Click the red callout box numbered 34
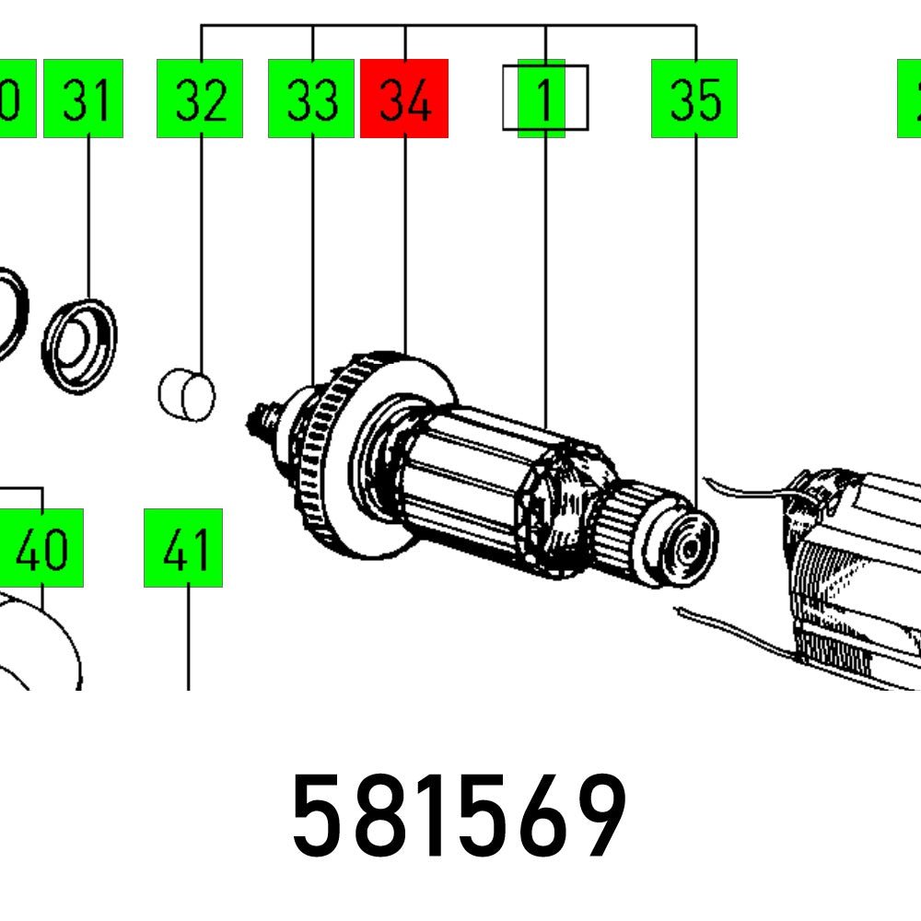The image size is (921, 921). tap(404, 99)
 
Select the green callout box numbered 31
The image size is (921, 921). tap(83, 99)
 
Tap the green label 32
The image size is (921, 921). tap(200, 99)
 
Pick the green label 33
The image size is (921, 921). tap(311, 99)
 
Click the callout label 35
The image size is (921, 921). tap(694, 99)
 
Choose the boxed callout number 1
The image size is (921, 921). tap(544, 98)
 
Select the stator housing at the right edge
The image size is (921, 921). tap(857, 580)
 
